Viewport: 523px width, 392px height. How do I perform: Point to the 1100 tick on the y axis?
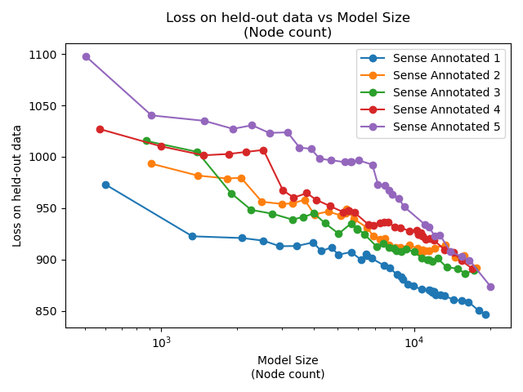tap(45, 55)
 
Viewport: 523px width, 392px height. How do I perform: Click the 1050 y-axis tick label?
tap(45, 106)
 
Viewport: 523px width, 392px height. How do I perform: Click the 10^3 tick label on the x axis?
tap(161, 341)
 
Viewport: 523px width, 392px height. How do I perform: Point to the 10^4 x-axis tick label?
tap(414, 341)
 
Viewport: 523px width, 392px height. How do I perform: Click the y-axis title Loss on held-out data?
tap(17, 185)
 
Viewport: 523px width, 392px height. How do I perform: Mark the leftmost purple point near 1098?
tap(86, 56)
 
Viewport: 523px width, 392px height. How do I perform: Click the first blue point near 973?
tap(105, 185)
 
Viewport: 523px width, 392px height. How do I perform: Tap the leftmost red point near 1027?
tap(100, 129)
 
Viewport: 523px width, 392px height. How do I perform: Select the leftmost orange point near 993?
tap(151, 163)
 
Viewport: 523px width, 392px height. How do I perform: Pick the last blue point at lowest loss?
tap(485, 314)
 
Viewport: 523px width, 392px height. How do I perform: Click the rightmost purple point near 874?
tap(490, 287)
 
